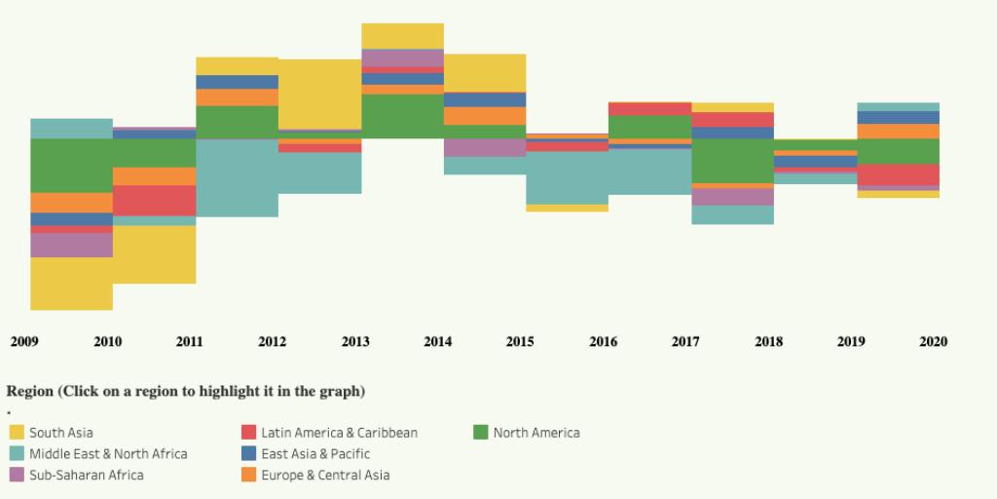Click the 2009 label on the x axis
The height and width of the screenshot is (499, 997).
24,342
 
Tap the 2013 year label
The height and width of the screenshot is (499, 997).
355,342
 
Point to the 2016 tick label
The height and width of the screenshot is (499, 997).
603,342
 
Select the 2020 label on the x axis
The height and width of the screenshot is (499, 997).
933,342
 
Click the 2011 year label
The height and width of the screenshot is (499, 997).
189,342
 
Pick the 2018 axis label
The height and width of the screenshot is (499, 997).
768,342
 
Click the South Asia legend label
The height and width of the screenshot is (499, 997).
61,433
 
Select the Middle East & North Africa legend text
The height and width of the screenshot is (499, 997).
108,454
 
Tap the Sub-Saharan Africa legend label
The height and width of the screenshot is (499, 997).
86,476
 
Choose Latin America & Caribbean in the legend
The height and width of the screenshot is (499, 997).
339,433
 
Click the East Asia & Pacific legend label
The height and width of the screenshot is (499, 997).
315,454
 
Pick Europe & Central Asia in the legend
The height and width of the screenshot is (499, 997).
325,476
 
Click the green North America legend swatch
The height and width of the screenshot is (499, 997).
481,433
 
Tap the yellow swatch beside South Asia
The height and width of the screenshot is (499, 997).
17,433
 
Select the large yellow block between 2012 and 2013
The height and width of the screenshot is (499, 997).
319,94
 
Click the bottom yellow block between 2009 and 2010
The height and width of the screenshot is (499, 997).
71,284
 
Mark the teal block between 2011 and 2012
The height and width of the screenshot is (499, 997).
237,177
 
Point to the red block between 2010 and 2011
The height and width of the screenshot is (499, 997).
154,201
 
